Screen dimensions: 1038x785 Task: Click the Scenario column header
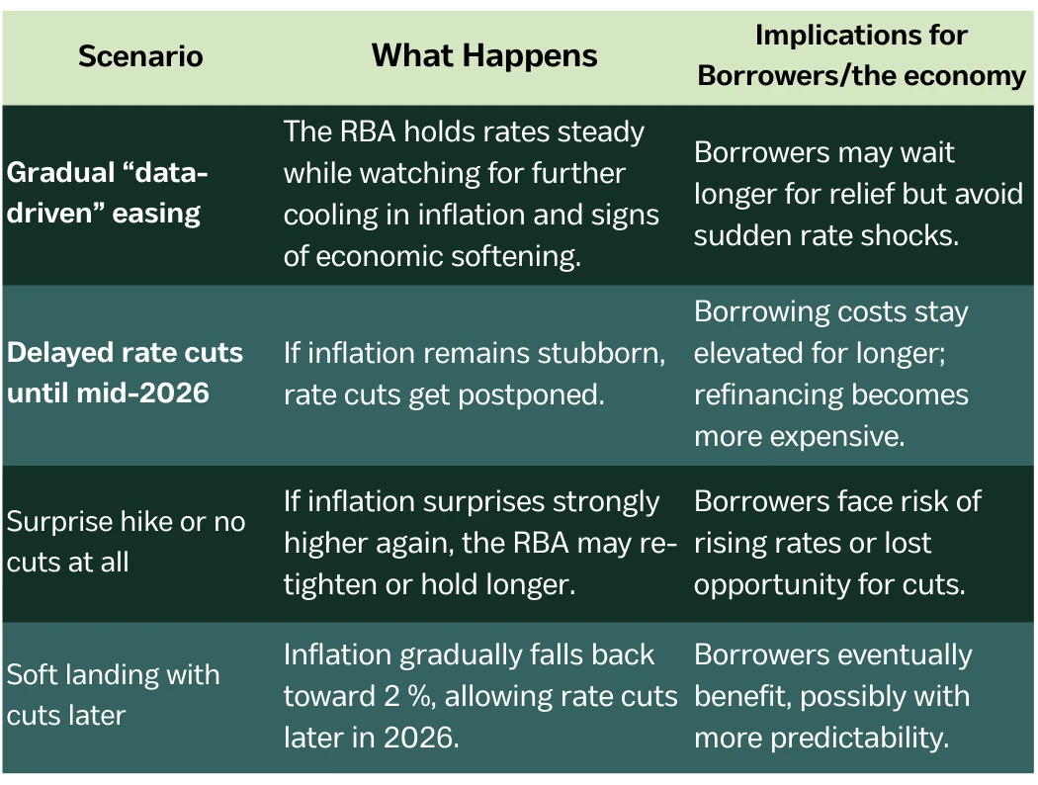[140, 56]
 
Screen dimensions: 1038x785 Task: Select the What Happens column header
[484, 56]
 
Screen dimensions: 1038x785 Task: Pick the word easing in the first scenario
[156, 215]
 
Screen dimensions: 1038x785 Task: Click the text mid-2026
[143, 393]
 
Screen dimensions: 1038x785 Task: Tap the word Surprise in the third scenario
[59, 523]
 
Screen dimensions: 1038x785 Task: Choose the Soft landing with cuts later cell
[114, 695]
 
